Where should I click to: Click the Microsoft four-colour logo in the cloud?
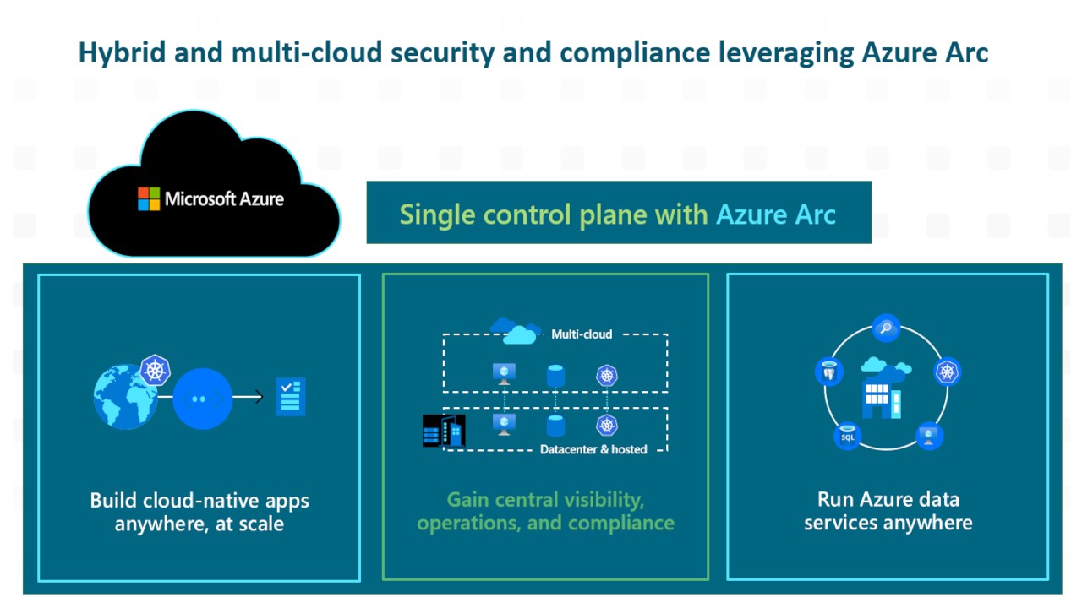149,199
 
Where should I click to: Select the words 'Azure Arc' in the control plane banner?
775,214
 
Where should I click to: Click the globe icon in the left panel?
125,397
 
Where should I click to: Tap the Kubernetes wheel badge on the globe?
156,370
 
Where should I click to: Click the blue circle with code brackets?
202,398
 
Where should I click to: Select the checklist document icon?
291,396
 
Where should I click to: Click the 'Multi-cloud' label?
582,334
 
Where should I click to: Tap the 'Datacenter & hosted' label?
593,449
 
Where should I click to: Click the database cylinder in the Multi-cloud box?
555,374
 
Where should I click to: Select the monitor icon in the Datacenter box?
505,424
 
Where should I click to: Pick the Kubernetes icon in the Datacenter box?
606,424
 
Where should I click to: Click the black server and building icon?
444,431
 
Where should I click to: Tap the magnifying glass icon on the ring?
886,328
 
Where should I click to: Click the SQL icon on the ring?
847,437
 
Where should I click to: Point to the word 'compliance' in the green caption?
621,523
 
